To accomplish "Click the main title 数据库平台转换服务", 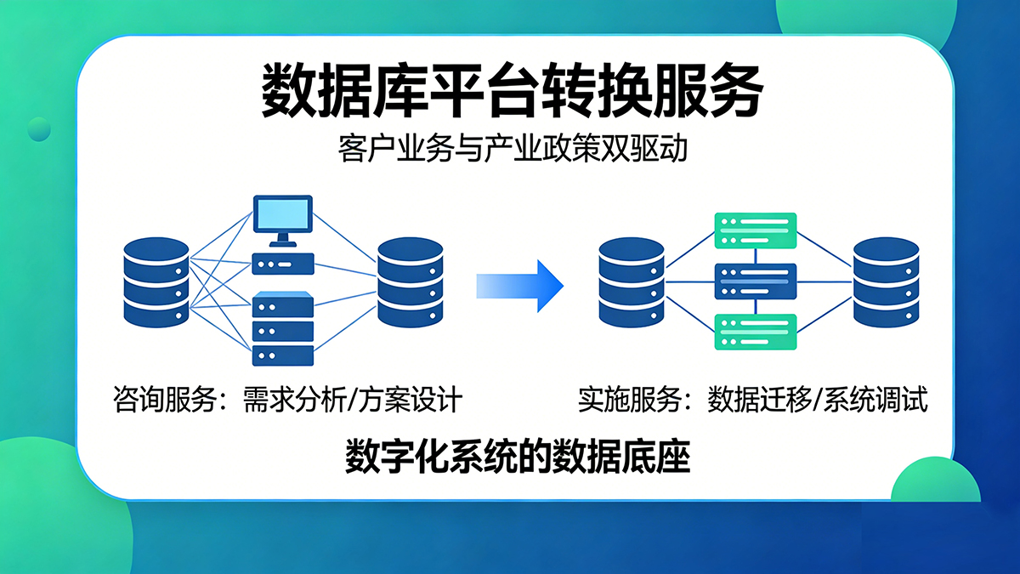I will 510,90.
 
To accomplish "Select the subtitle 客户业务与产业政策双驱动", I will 511,151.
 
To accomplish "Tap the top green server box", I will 756,230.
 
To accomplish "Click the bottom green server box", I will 756,332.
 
